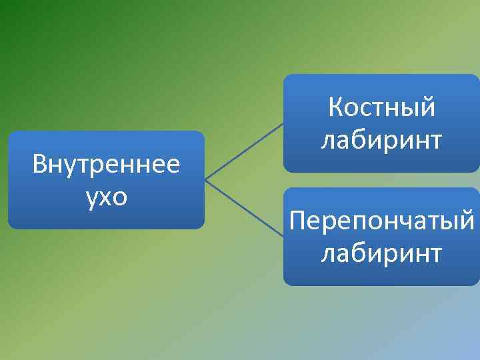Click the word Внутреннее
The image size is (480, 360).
coord(106,163)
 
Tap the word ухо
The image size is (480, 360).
coord(106,198)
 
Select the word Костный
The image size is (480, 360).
coord(381,107)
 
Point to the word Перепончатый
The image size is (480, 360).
coord(381,220)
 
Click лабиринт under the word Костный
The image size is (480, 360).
coord(381,140)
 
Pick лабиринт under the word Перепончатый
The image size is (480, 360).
coord(381,253)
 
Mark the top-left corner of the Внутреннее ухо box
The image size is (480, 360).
coord(9,133)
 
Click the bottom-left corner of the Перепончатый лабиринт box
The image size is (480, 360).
coord(285,284)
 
